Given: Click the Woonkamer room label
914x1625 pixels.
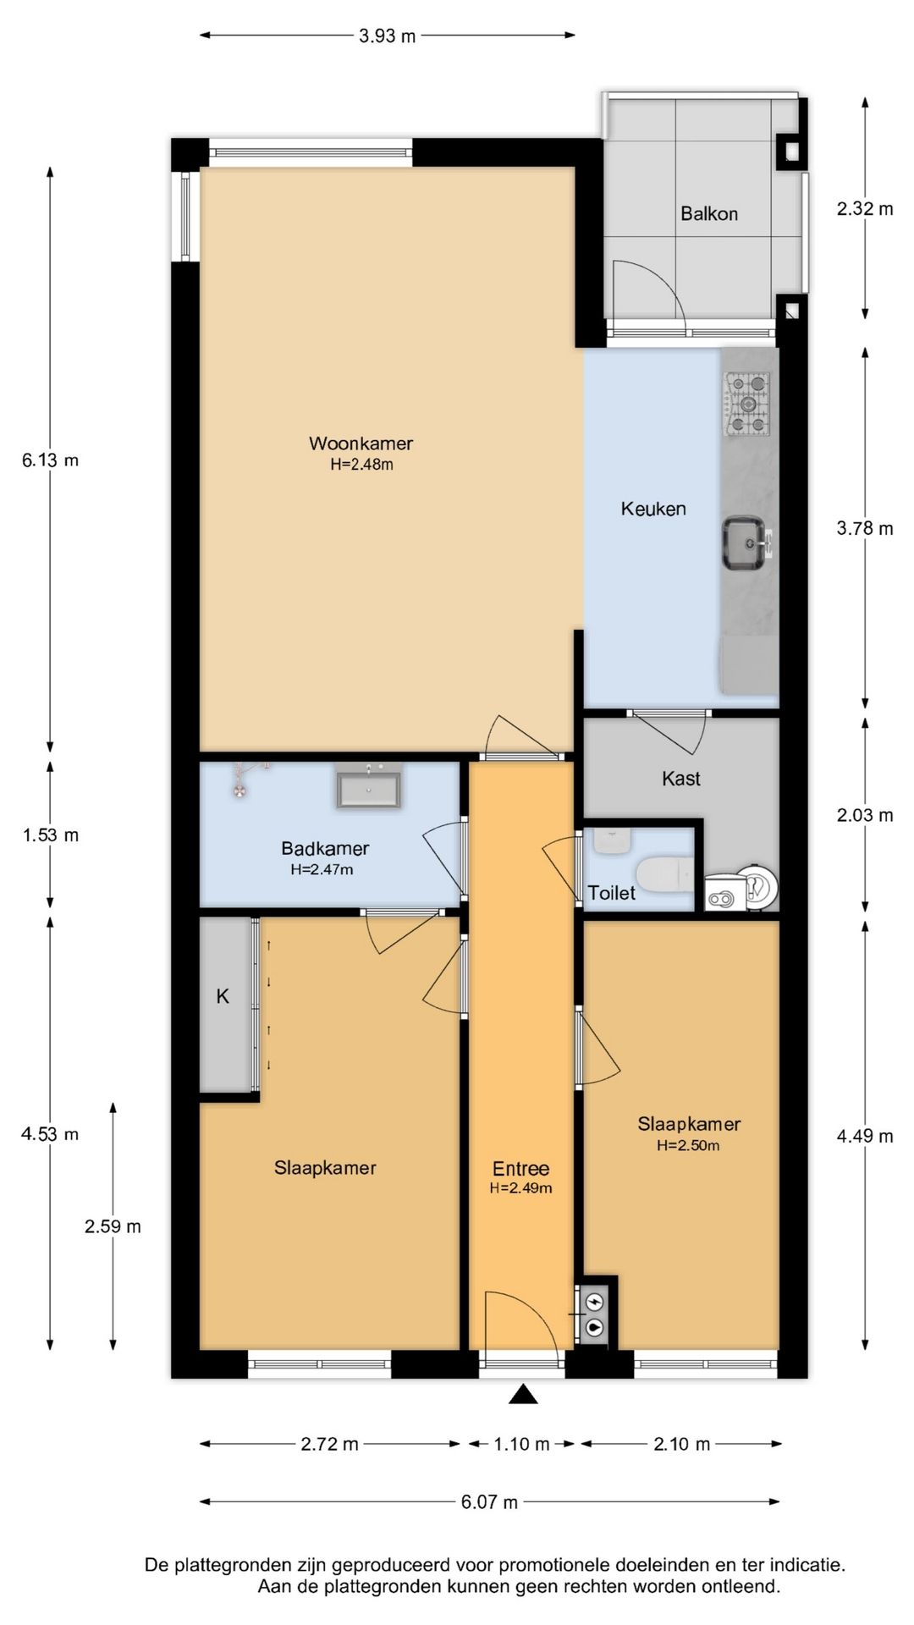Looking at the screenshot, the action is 361,443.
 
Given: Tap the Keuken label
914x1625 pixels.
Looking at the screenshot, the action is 653,509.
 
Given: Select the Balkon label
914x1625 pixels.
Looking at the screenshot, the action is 709,213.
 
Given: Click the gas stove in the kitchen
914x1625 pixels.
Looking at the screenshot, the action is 746,405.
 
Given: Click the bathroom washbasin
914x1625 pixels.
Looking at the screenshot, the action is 370,786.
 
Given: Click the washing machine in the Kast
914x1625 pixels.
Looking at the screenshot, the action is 741,886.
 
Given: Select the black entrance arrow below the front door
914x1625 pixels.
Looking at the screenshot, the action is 524,1393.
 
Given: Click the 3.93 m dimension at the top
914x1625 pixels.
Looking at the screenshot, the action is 388,36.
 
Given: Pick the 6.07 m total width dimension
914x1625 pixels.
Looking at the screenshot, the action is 489,1501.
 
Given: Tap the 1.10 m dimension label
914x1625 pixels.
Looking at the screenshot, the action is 521,1443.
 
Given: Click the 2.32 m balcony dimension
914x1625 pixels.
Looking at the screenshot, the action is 865,208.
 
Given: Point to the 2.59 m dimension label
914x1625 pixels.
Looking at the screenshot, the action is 113,1226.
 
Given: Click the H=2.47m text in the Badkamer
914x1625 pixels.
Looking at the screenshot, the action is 322,868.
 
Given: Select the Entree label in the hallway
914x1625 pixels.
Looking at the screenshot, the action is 521,1168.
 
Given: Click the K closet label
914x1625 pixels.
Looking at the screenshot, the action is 223,996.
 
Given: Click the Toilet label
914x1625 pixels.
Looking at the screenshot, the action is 612,892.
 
